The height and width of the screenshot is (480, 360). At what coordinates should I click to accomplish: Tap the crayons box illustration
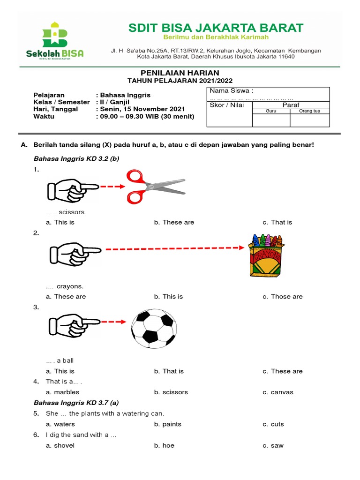coord(265,255)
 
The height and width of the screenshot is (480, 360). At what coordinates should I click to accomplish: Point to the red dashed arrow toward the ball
coord(113,322)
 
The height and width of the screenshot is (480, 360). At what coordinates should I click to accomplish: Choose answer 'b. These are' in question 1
coord(174,222)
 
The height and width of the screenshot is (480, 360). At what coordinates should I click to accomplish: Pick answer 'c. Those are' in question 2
coord(283,297)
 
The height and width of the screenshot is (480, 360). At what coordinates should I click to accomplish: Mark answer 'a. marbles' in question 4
coord(62,392)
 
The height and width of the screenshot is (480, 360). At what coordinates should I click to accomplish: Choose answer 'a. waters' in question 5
coord(60,424)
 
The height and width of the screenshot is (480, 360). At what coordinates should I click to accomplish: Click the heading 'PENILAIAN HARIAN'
coord(180,73)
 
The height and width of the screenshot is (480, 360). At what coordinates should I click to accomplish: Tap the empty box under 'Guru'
coord(271,120)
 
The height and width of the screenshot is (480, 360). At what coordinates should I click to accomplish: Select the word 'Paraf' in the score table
coord(291,105)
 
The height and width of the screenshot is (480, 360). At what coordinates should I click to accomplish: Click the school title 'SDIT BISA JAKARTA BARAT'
coord(216,28)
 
